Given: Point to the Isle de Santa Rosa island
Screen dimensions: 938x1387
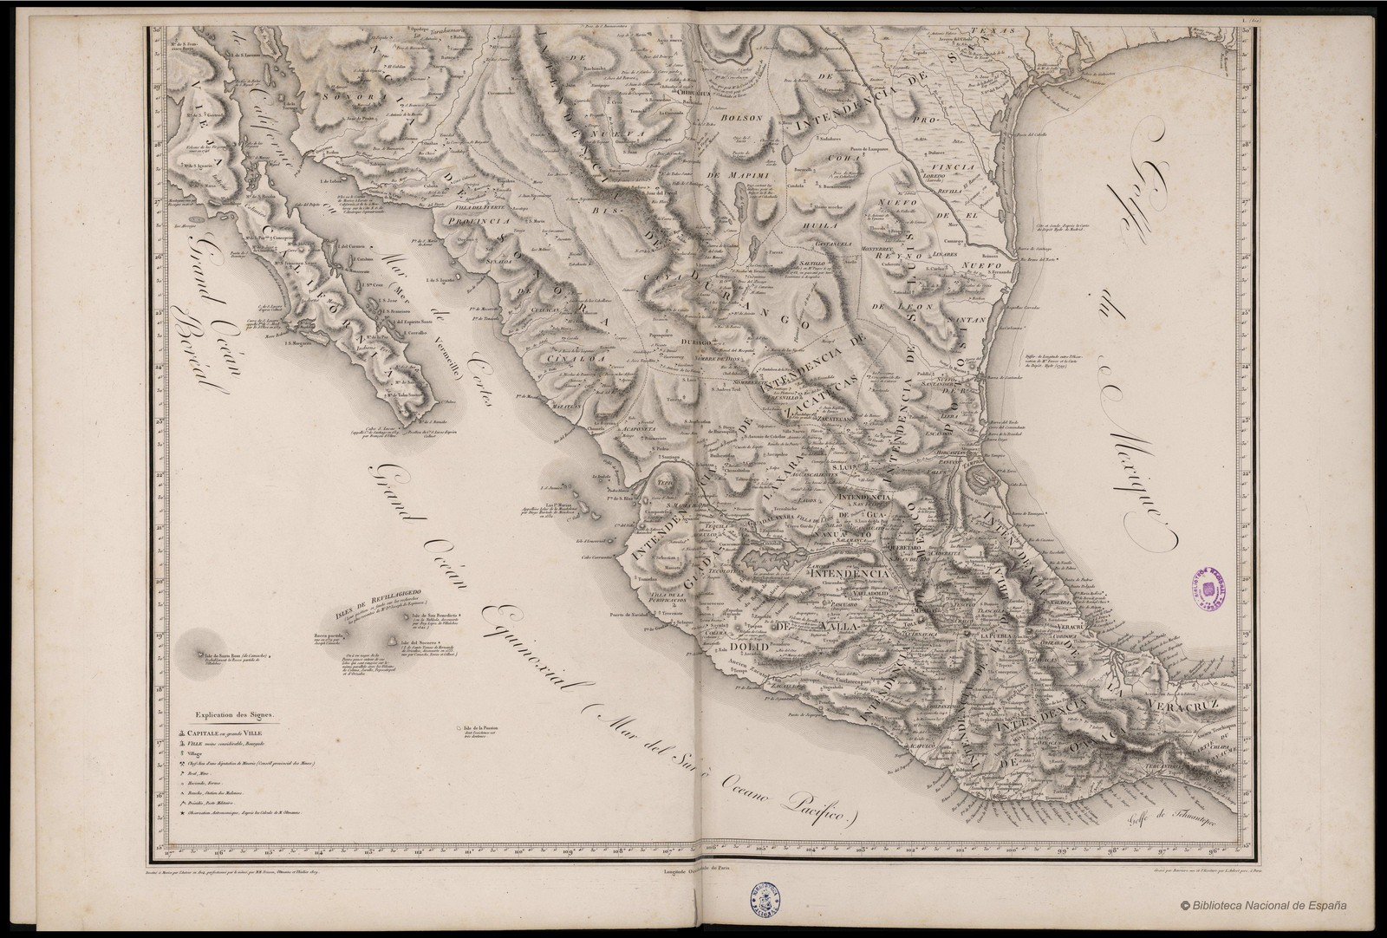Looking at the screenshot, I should pos(202,655).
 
